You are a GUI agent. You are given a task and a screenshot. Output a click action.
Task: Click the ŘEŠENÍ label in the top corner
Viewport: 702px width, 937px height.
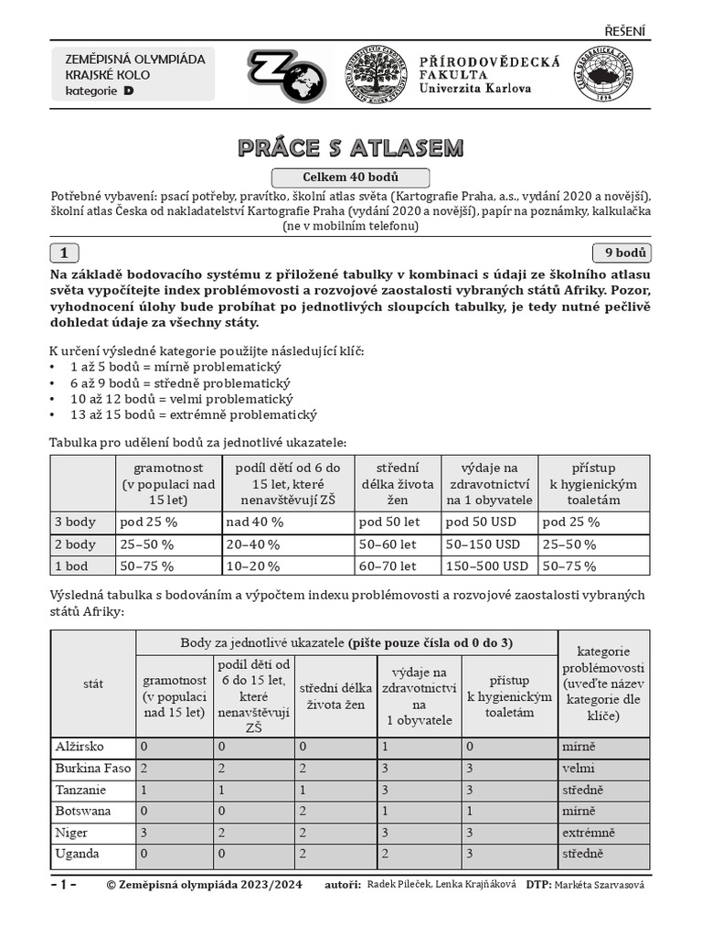pos(625,31)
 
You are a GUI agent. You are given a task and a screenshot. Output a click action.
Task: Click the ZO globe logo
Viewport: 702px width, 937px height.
pos(286,75)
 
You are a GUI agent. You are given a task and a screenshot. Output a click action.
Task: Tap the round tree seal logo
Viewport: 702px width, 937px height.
pos(375,75)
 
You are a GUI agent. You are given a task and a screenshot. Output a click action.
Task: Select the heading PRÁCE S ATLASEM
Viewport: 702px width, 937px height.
pos(351,147)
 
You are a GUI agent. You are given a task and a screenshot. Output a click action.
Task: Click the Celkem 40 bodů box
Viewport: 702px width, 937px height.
pos(351,178)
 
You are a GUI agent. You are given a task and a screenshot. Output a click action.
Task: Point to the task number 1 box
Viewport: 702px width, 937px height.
pos(64,253)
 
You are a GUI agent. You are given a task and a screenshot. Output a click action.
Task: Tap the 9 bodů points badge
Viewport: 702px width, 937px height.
pos(622,253)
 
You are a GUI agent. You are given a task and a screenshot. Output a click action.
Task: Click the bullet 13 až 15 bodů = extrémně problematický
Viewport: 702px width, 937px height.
pos(186,415)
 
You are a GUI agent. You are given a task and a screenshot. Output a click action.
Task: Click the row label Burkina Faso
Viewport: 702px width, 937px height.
pos(92,769)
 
